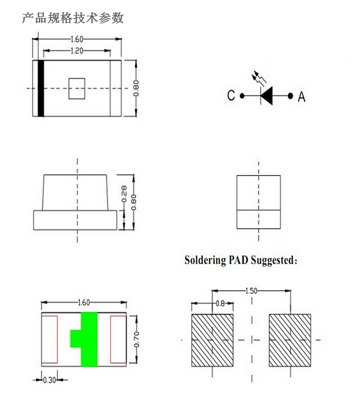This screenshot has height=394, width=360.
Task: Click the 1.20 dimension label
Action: pyautogui.click(x=77, y=51)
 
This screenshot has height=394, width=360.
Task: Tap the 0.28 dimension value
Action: pyautogui.click(x=124, y=194)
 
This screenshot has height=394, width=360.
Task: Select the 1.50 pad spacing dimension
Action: pyautogui.click(x=251, y=291)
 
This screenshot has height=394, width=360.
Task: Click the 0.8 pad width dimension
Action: pyautogui.click(x=220, y=304)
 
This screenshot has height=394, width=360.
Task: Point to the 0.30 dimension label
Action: pyautogui.click(x=50, y=380)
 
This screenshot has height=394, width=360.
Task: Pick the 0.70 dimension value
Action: pyautogui.click(x=136, y=339)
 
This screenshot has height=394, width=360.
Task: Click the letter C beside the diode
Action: pyautogui.click(x=231, y=95)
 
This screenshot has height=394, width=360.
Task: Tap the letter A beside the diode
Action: pyautogui.click(x=301, y=97)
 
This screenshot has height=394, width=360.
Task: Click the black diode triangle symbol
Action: pyautogui.click(x=267, y=96)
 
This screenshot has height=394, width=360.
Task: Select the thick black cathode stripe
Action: pyautogui.click(x=41, y=88)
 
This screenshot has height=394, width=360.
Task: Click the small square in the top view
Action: pyautogui.click(x=77, y=88)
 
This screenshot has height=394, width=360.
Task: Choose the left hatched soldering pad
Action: pyautogui.click(x=212, y=340)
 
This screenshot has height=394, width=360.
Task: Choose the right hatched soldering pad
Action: pyautogui.click(x=290, y=340)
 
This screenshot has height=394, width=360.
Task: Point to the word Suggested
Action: pyautogui.click(x=274, y=261)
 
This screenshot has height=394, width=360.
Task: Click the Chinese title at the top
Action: pyautogui.click(x=73, y=18)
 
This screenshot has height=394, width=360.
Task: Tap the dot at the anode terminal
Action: pyautogui.click(x=290, y=96)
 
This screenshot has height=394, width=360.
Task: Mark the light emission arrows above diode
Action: pyautogui.click(x=259, y=78)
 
